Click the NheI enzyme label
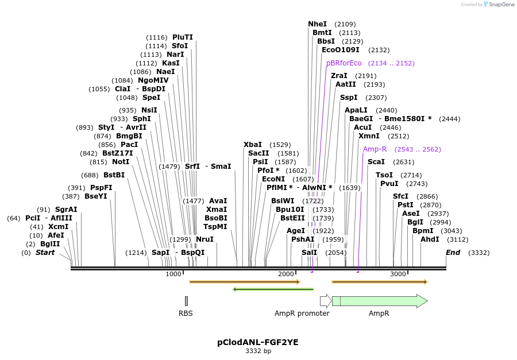pos(317,24)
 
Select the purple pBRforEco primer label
pos(344,63)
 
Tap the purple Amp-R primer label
pos(375,149)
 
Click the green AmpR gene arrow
pos(379,301)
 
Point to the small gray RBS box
pos(186,301)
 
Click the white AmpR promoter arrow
pos(325,301)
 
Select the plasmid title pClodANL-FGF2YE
pos(258,342)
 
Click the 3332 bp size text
pos(258,351)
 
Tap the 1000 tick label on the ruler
pos(173,274)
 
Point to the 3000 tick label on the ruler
pos(398,274)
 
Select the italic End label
pos(453,253)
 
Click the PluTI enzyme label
pos(183,37)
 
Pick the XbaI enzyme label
pos(252,145)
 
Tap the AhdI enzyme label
pos(430,239)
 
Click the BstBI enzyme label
pos(114,175)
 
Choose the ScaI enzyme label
pos(376,162)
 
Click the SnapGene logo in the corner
pos(497,5)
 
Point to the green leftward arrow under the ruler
pos(273,289)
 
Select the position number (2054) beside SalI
pos(335,253)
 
